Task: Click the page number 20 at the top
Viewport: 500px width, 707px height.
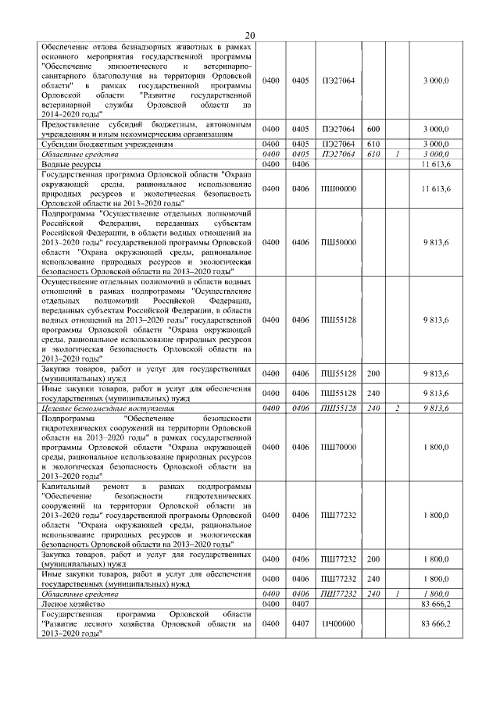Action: (250, 35)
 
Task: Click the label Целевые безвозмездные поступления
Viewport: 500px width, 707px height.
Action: (107, 408)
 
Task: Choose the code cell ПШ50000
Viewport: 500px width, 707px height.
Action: (338, 242)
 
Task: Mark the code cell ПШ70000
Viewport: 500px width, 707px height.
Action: (338, 448)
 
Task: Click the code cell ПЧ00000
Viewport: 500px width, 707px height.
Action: (338, 623)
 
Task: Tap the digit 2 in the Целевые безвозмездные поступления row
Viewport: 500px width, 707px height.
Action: (397, 408)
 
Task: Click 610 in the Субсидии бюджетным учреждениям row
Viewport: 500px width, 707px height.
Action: (373, 145)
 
